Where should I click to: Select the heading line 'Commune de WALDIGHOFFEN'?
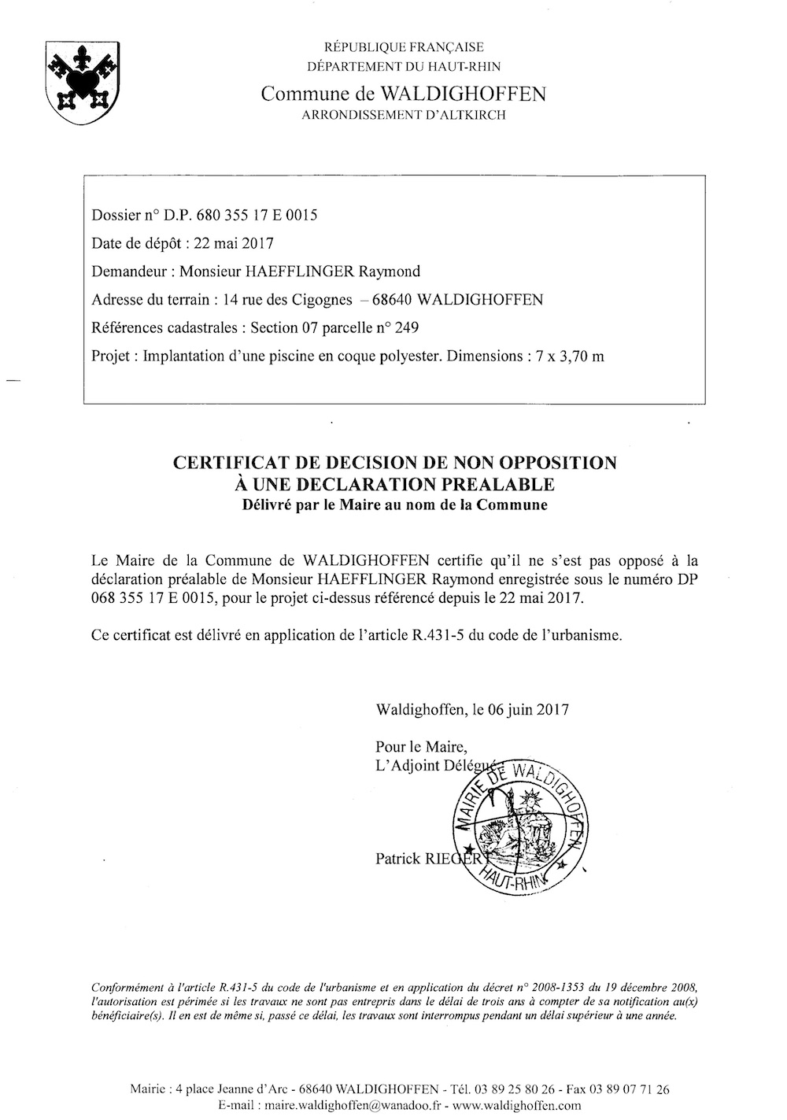pos(403,94)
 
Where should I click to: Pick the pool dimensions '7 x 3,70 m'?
pos(567,357)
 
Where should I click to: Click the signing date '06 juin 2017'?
pos(529,709)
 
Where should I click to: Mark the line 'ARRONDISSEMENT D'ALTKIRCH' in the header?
pos(403,115)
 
